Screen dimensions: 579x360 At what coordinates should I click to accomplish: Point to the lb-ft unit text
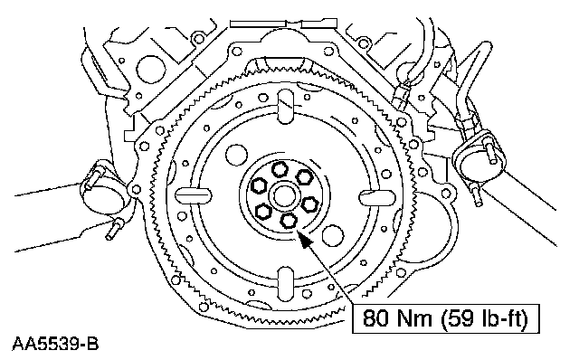pyautogui.click(x=503, y=318)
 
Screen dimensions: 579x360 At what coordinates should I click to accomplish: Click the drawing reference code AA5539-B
pyautogui.click(x=55, y=344)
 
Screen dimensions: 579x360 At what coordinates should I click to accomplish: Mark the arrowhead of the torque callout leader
pyautogui.click(x=305, y=240)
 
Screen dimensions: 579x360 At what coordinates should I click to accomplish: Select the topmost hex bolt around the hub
pyautogui.click(x=280, y=169)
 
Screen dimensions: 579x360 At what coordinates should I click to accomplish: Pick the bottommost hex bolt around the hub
pyautogui.click(x=289, y=221)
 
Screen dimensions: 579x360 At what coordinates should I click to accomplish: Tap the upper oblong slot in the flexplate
pyautogui.click(x=286, y=107)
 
